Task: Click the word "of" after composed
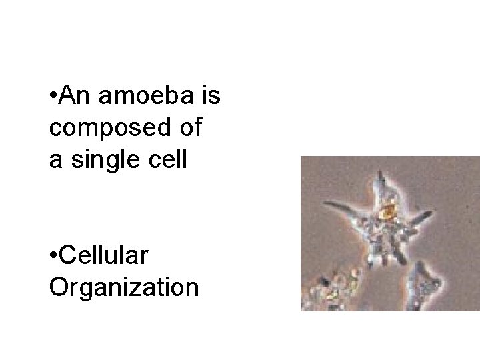(189, 129)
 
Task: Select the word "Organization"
(123, 287)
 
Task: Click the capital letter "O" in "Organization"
(58, 287)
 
